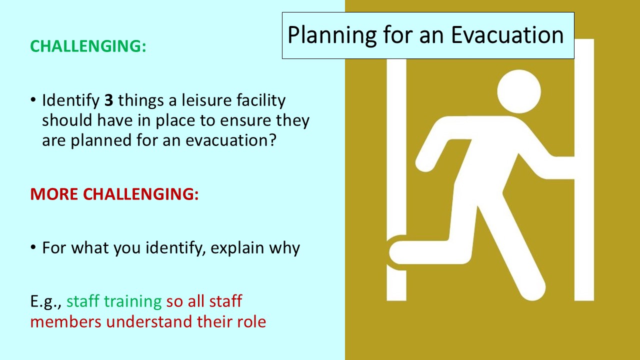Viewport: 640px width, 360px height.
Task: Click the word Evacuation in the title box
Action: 507,35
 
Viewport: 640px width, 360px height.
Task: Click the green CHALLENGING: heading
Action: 88,45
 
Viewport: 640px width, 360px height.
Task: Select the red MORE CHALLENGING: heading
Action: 114,194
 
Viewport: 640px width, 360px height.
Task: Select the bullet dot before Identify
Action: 33,101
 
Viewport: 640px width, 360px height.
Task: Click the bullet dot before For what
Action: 33,248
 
